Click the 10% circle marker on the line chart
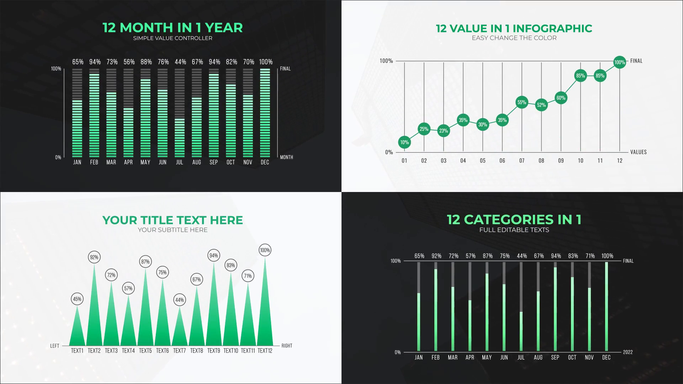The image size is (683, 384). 404,142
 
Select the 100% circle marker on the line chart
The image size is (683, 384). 620,62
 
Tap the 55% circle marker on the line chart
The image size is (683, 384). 522,102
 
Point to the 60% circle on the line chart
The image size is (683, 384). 561,98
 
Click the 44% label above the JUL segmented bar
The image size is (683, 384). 180,62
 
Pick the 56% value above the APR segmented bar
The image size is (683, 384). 129,62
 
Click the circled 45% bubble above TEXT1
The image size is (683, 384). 77,299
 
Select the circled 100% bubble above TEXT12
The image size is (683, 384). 265,250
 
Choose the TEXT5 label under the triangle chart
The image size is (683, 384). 145,351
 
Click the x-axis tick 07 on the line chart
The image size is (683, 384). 522,161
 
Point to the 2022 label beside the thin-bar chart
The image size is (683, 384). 628,352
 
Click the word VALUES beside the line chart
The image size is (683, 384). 639,152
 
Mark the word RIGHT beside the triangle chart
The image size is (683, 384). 287,346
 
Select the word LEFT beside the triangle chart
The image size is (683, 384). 55,346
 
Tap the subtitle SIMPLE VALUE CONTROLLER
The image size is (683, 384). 173,38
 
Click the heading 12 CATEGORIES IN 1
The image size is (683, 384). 514,219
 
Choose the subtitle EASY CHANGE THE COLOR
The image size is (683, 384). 514,38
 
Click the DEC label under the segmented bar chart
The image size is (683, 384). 265,162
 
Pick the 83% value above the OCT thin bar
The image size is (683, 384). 573,256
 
